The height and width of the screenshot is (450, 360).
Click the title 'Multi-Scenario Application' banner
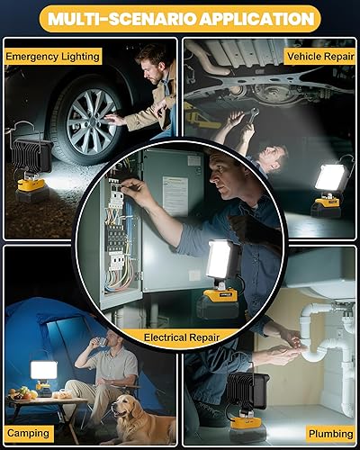(x=180, y=18)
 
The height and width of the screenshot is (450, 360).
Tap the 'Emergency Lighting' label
(x=52, y=56)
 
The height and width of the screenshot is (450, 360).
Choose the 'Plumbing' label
(x=330, y=433)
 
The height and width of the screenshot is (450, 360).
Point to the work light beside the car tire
(x=30, y=162)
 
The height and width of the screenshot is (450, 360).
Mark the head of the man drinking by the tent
(x=108, y=340)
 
